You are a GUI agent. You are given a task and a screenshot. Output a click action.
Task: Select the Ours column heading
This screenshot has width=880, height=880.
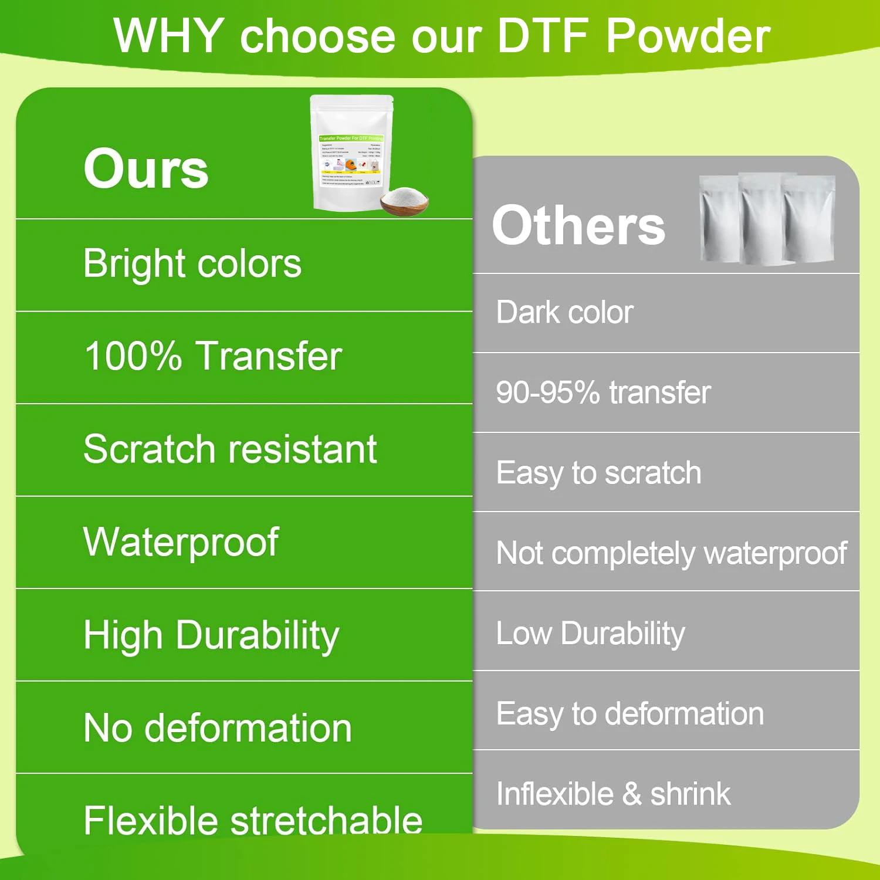pyautogui.click(x=146, y=168)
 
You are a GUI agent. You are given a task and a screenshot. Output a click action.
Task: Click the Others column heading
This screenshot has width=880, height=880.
pyautogui.click(x=578, y=226)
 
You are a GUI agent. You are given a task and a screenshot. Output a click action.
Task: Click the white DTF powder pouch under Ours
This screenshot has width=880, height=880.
pyautogui.click(x=350, y=153)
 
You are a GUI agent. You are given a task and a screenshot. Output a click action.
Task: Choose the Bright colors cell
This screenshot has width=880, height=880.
pyautogui.click(x=192, y=263)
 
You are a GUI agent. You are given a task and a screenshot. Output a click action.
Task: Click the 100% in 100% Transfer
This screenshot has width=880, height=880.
pyautogui.click(x=133, y=356)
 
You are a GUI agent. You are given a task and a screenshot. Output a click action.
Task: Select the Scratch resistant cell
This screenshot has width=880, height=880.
pyautogui.click(x=230, y=449)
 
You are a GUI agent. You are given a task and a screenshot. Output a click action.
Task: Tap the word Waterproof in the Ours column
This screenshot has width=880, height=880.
pyautogui.click(x=181, y=542)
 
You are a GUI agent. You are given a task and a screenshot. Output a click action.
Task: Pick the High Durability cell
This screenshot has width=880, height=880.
pyautogui.click(x=211, y=635)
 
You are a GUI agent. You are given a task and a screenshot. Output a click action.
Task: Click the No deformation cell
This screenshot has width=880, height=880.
pyautogui.click(x=218, y=727)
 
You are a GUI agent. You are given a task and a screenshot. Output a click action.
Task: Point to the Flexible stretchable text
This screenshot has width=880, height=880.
pyautogui.click(x=253, y=820)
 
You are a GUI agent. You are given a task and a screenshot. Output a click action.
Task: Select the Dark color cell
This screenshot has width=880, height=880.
pyautogui.click(x=564, y=312)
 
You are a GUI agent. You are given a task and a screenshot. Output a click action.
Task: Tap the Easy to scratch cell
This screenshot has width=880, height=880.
pyautogui.click(x=598, y=473)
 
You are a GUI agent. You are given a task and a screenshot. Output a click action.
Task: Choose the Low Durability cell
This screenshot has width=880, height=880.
pyautogui.click(x=590, y=633)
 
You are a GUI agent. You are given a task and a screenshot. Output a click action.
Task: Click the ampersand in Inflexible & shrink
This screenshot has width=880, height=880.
pyautogui.click(x=632, y=794)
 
